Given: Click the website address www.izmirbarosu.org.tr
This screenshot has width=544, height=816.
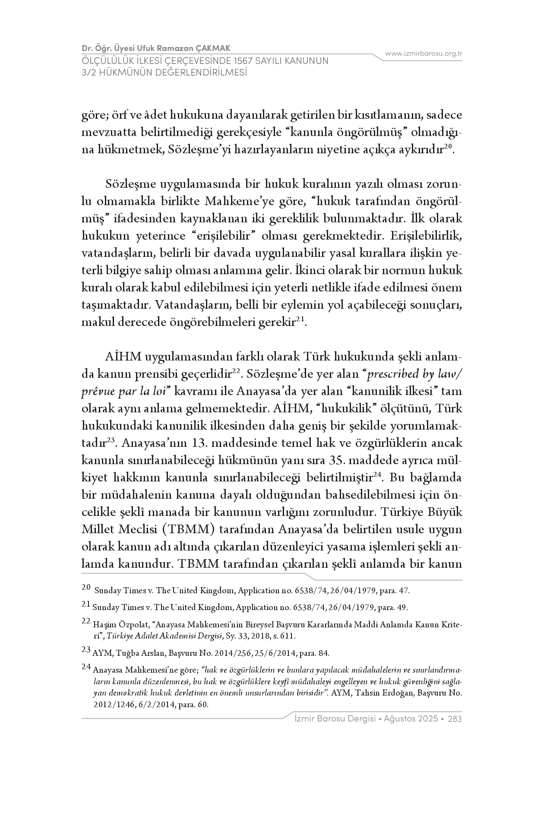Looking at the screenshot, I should (x=424, y=54).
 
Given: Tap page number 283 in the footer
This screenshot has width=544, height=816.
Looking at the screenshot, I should (x=455, y=719).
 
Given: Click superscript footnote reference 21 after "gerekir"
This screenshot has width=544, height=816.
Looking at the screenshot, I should (x=300, y=319).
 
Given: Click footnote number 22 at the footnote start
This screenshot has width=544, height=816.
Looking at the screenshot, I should (x=85, y=620).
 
